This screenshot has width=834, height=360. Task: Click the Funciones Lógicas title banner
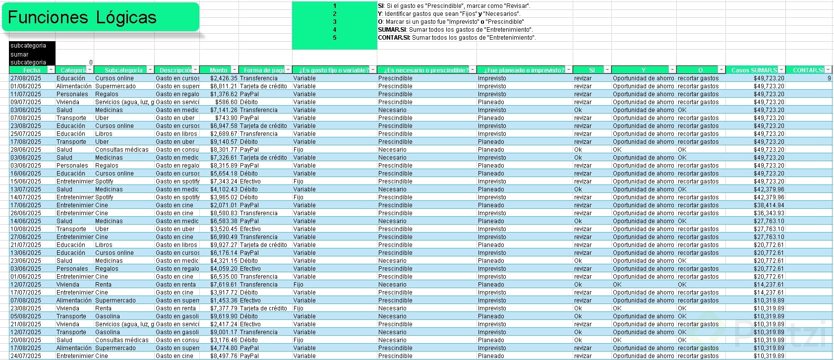pos(101,18)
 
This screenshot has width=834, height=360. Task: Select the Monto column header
pos(218,70)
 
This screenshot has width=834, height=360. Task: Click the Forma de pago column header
pos(264,70)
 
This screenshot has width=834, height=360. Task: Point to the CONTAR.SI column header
pos(807,70)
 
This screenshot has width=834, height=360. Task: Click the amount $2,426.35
pos(223,78)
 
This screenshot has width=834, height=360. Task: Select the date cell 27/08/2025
pos(26,78)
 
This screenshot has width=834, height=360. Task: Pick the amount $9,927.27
pos(223,245)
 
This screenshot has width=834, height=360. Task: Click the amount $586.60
pos(226,102)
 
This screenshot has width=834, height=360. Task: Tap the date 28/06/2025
pos(26,150)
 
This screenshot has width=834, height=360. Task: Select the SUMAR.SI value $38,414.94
pos(769,205)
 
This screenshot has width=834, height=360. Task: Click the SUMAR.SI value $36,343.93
pos(769,213)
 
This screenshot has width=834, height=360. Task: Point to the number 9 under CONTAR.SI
pos(829,78)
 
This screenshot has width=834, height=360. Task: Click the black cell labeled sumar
pos(20,55)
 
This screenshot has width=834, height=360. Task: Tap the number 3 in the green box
pos(335,22)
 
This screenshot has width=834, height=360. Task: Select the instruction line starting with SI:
pos(454,6)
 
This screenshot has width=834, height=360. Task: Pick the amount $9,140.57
pos(223,142)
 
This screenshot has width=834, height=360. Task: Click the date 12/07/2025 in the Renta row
pos(26,285)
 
